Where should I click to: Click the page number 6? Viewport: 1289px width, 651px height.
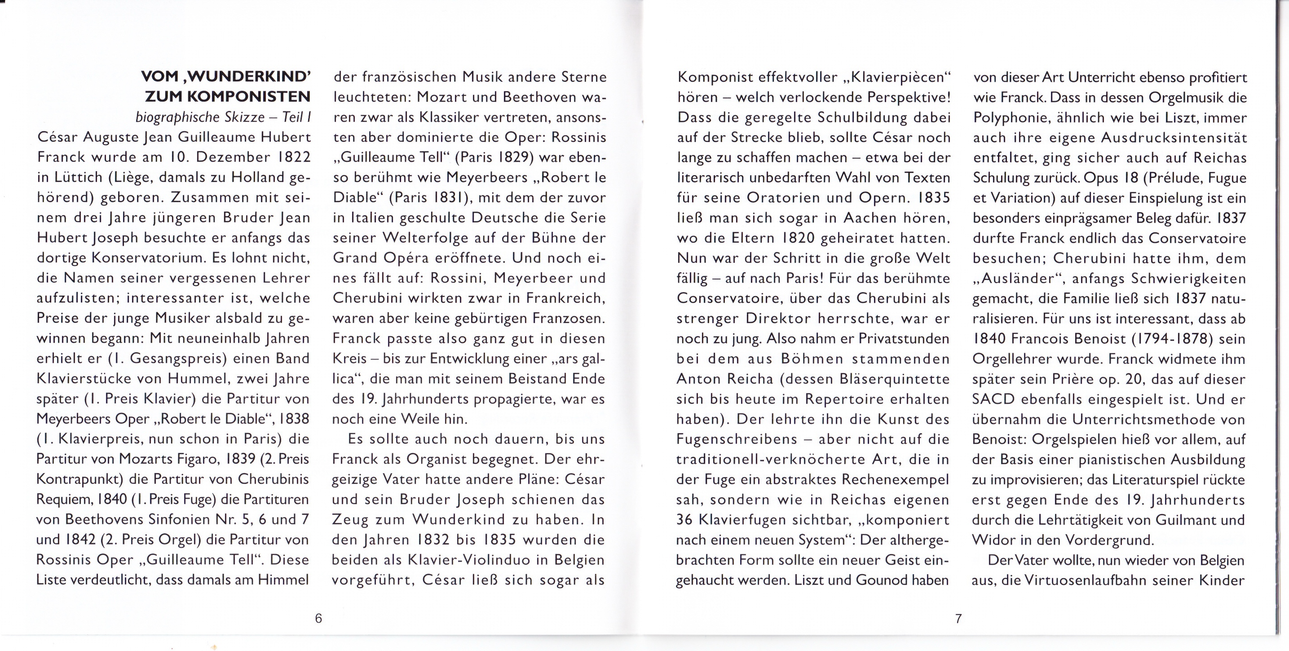pos(318,619)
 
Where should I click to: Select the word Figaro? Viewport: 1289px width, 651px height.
pos(201,459)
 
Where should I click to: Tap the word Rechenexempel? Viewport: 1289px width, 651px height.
pos(895,479)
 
